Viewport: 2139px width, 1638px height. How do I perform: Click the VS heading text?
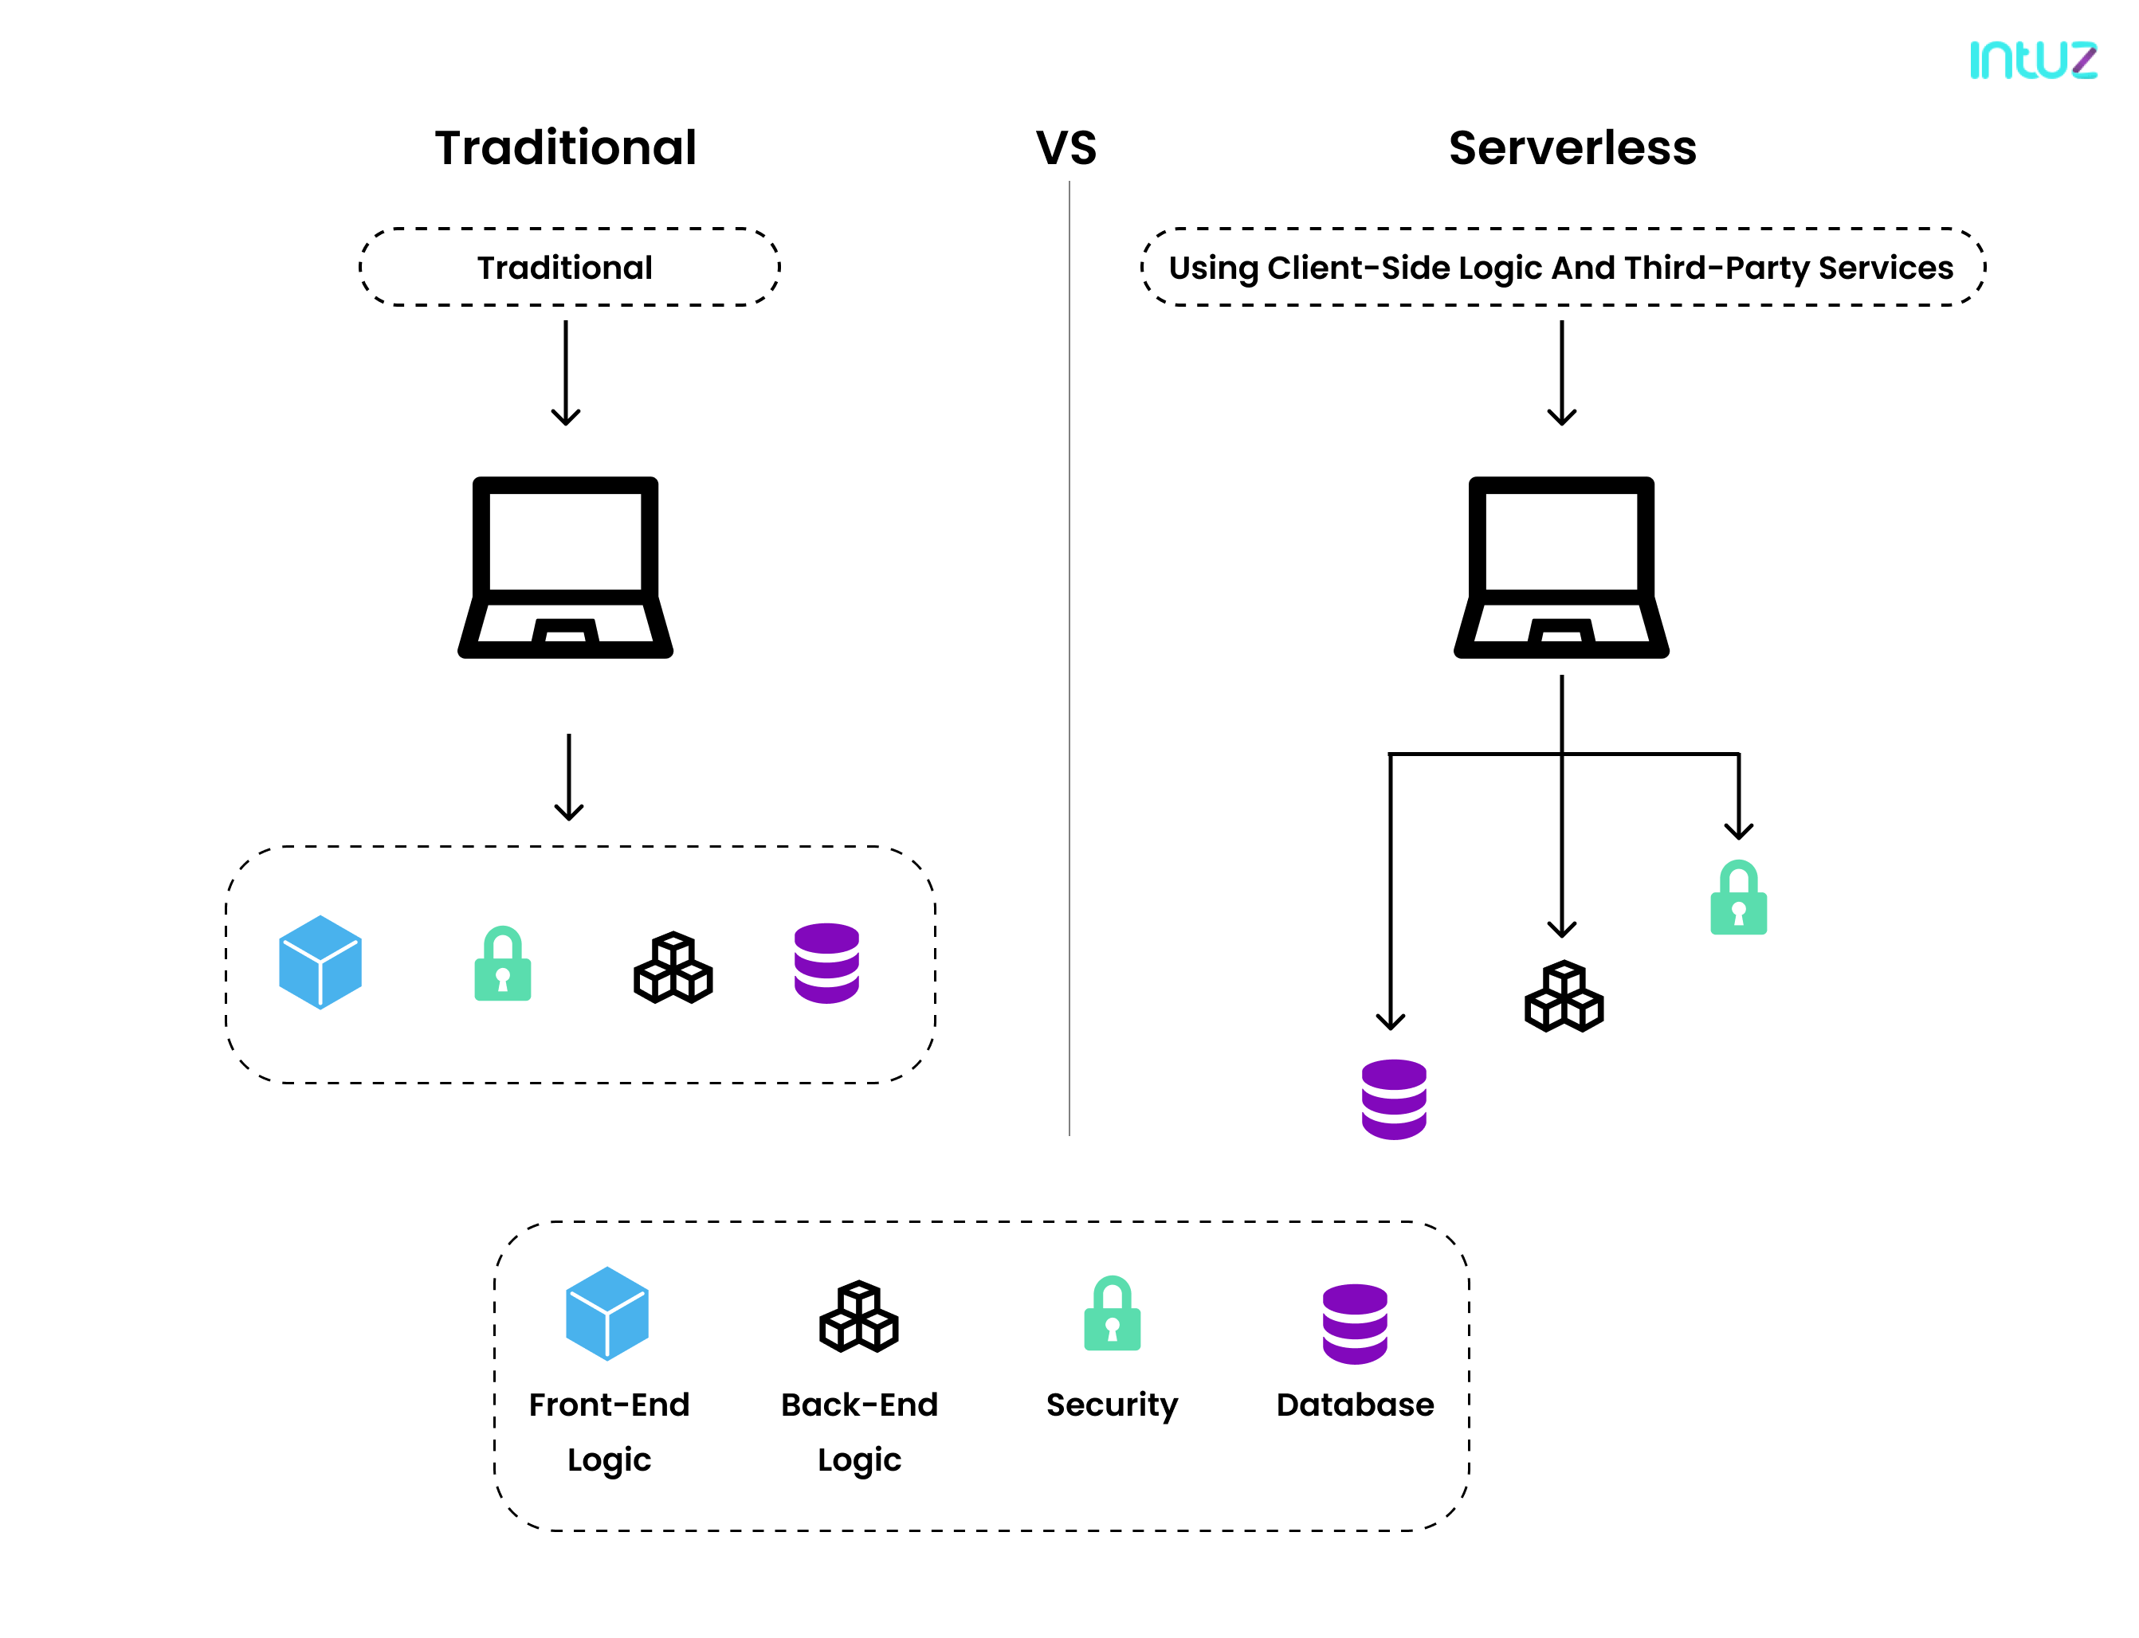[x=1066, y=148]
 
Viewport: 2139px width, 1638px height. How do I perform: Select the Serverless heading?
[x=1572, y=148]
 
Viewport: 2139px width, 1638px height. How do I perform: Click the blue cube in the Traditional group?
[x=320, y=962]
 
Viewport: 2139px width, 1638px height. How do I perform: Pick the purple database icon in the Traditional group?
[x=826, y=963]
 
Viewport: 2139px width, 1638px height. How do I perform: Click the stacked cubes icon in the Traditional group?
[x=673, y=967]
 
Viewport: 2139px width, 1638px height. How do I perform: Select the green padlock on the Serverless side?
[x=1738, y=898]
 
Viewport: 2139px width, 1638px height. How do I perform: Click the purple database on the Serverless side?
[x=1394, y=1099]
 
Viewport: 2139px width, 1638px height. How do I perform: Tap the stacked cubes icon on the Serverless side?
[x=1564, y=997]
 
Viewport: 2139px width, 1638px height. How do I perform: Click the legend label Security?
[x=1112, y=1405]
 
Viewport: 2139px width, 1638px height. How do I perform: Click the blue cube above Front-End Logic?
[x=606, y=1312]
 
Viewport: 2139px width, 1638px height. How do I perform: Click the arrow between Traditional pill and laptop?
[x=566, y=374]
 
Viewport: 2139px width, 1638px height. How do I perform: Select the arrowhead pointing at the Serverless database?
[x=1390, y=1021]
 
